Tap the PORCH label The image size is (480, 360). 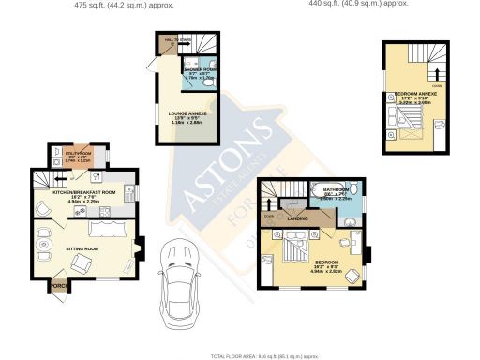point(59,286)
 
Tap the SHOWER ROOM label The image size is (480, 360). point(200,69)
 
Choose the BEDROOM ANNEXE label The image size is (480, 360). point(417,96)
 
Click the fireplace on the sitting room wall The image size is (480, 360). point(139,249)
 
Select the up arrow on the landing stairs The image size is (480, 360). point(274,198)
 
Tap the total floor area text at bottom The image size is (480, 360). point(271,356)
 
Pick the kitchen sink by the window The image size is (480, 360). point(112,178)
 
